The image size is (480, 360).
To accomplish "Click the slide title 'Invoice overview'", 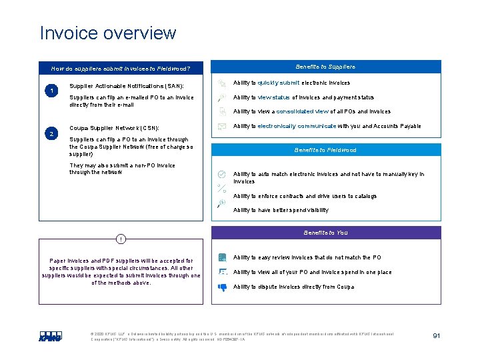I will [x=108, y=33].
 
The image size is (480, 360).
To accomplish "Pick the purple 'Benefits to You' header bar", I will [x=325, y=233].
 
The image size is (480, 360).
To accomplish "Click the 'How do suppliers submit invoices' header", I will [x=121, y=68].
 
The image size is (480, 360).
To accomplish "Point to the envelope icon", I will [x=221, y=125].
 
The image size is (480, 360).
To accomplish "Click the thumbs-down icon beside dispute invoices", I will [x=222, y=287].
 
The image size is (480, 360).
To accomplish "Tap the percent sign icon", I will [x=222, y=188].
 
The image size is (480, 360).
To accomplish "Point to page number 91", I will [x=436, y=335].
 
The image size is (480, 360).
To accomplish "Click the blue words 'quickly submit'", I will [x=279, y=83].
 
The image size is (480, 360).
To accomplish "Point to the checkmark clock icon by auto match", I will [x=222, y=174].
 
